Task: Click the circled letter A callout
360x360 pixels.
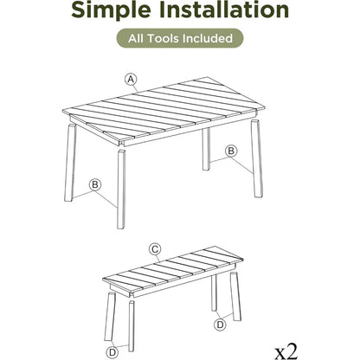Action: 131,79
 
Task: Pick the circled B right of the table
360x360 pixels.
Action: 230,151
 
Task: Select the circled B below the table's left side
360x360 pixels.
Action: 95,183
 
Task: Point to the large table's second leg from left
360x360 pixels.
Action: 121,186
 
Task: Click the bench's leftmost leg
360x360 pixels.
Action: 111,316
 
